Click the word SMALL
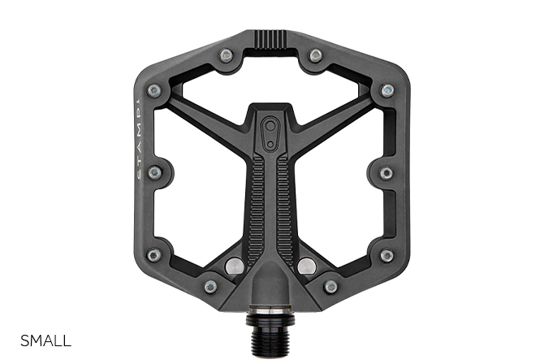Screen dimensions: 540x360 [x=45, y=340]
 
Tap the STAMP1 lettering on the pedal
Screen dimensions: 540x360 [x=138, y=139]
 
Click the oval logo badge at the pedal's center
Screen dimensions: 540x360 [x=270, y=133]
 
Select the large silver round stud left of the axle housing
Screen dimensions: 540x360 [x=235, y=266]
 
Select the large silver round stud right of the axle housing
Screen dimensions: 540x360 [x=307, y=266]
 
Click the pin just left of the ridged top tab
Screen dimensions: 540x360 [x=226, y=54]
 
